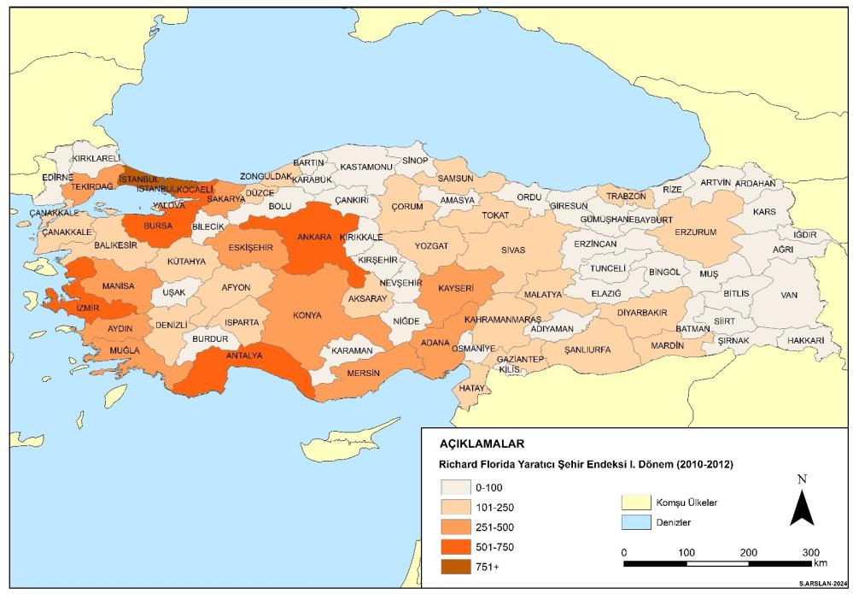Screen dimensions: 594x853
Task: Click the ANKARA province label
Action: pyautogui.click(x=313, y=237)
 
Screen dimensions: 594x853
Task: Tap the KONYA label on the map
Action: pyautogui.click(x=307, y=315)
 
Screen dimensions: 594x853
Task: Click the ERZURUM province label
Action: pyautogui.click(x=695, y=232)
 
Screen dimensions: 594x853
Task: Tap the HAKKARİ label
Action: pyautogui.click(x=805, y=339)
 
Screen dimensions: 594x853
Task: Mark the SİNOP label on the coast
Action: pyautogui.click(x=415, y=160)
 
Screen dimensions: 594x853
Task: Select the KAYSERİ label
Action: pyautogui.click(x=455, y=289)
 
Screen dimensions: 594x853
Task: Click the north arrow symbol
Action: pyautogui.click(x=801, y=506)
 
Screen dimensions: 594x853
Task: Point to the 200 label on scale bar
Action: pyautogui.click(x=749, y=551)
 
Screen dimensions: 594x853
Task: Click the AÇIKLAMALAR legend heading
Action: pyautogui.click(x=482, y=444)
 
